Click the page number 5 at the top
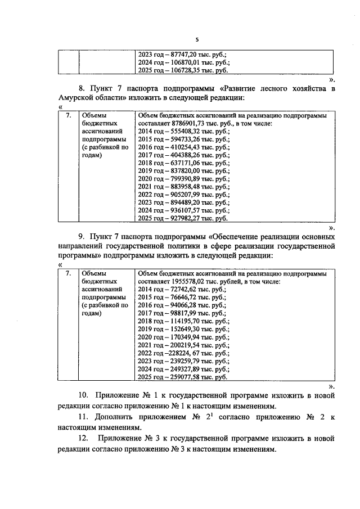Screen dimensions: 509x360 (197, 39)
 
